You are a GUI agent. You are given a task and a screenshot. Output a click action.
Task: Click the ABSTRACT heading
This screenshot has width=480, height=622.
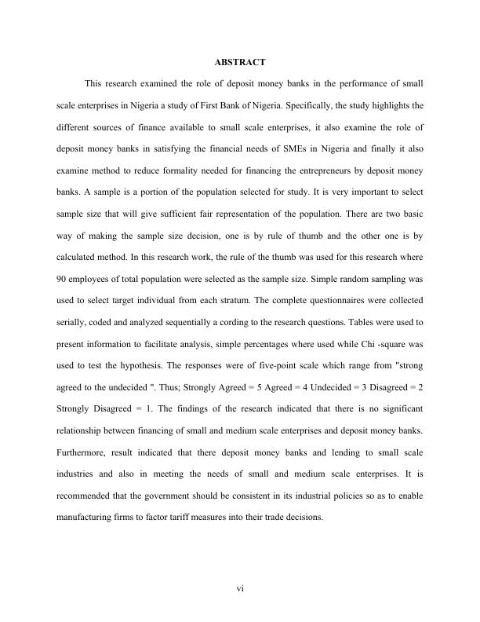[239, 61]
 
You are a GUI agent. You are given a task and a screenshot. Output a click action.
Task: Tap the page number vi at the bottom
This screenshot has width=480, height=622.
[240, 590]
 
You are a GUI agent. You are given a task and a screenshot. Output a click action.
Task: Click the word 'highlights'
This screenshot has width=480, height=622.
[392, 104]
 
